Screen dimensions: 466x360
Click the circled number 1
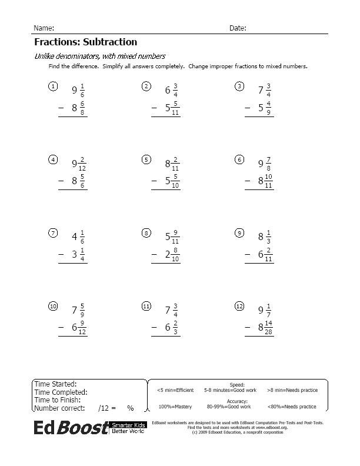click(x=53, y=87)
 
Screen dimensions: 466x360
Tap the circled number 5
click(x=146, y=159)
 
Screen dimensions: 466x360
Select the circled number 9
click(x=239, y=233)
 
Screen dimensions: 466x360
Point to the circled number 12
click(x=239, y=306)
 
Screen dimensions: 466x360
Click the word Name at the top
click(x=44, y=28)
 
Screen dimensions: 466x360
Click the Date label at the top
click(x=237, y=28)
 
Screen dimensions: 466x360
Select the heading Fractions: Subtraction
click(x=85, y=42)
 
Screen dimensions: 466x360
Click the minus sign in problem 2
click(x=155, y=108)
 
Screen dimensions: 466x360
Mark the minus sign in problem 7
click(x=61, y=254)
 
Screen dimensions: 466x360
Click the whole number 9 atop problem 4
click(x=74, y=164)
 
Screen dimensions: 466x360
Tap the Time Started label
click(x=55, y=384)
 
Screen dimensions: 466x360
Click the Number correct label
click(x=59, y=408)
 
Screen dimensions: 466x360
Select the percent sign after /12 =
click(x=130, y=408)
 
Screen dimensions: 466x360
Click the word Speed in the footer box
click(x=237, y=384)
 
